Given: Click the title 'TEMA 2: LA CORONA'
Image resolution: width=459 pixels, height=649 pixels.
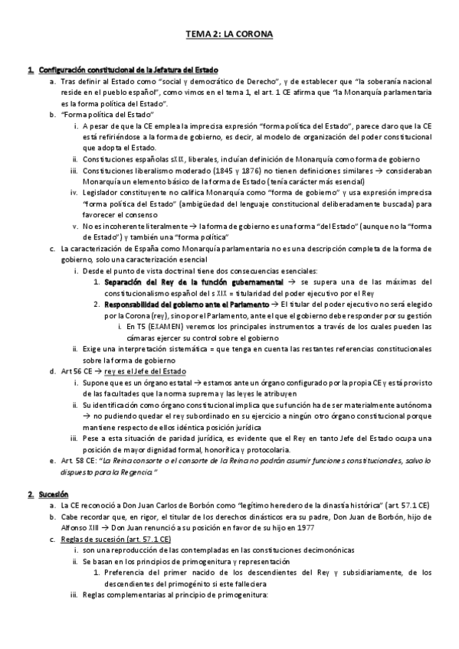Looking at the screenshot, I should point(229,34).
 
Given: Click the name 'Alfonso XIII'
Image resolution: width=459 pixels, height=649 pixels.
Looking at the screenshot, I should point(78,528).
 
